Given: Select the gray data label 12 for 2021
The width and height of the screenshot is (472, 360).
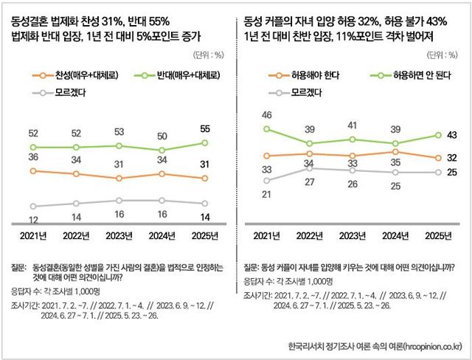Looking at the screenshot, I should pos(34,220).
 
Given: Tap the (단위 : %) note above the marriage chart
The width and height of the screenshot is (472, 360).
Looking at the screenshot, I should pos(206,54).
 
